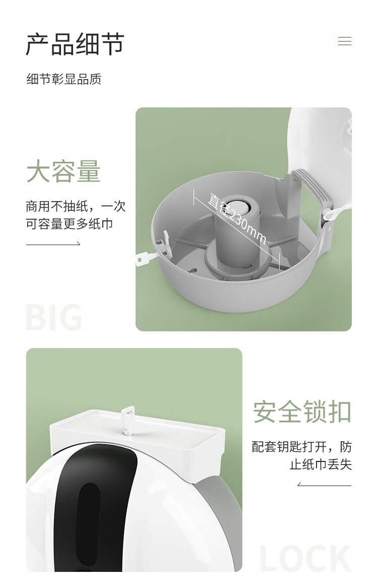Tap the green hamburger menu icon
[345, 41]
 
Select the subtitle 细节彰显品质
[64, 79]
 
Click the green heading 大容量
[64, 171]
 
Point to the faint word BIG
[54, 317]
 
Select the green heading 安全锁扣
[302, 412]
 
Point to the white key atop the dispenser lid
[128, 420]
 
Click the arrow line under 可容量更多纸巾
[53, 244]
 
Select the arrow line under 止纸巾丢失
[325, 485]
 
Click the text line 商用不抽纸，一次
[76, 206]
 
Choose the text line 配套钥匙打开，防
[302, 446]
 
